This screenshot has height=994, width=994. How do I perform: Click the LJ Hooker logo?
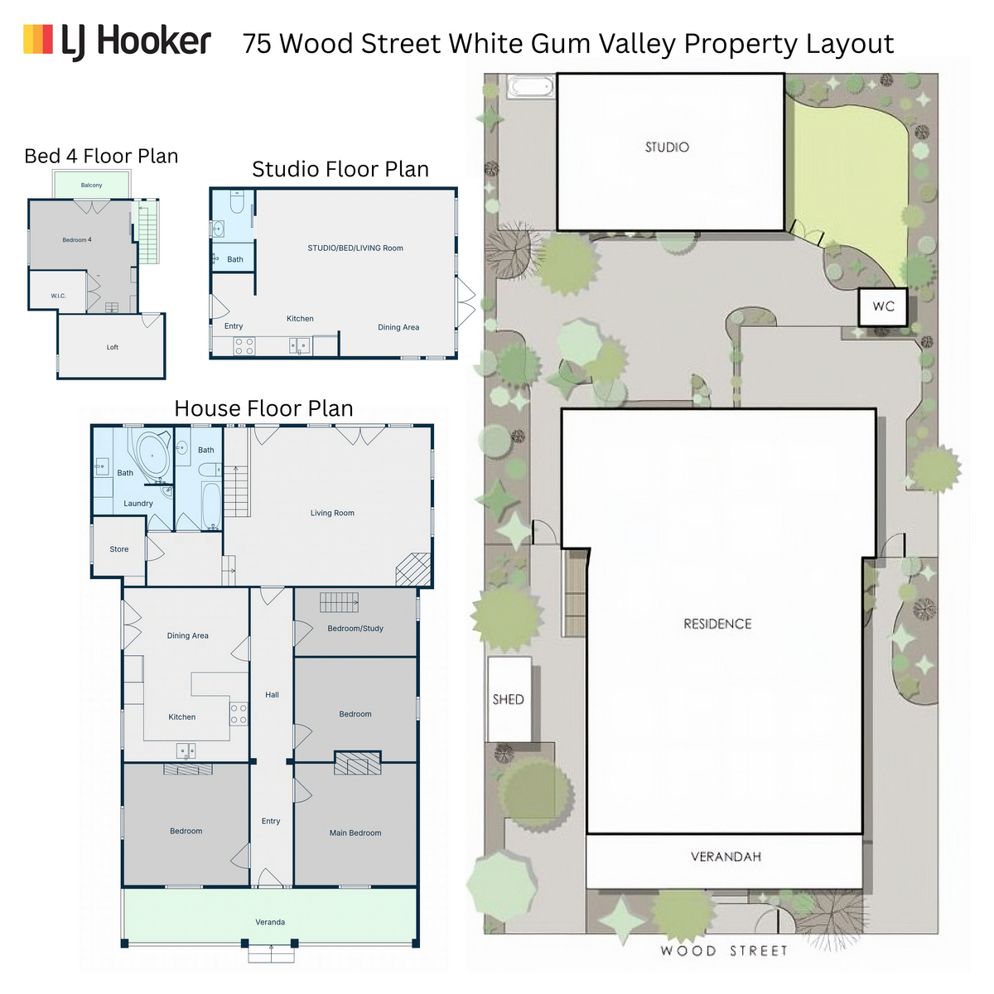point(117,41)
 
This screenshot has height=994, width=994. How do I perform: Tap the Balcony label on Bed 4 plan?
point(91,186)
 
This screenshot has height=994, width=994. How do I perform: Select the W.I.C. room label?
point(58,296)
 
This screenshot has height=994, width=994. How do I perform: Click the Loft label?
point(113,348)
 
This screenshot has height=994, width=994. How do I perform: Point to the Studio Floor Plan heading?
point(340,169)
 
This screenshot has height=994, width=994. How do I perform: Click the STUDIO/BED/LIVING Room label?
point(355,248)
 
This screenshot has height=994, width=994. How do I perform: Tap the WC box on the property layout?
point(882,307)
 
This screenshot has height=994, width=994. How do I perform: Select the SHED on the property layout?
point(509,699)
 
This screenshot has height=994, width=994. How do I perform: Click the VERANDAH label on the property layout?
point(726,856)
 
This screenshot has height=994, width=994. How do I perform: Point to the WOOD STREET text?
point(724,951)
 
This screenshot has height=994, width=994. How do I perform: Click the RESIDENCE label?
point(717,625)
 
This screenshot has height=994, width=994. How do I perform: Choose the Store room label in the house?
point(119,549)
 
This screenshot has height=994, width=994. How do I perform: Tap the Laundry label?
point(138,504)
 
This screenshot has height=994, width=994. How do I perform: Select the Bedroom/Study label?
point(355,629)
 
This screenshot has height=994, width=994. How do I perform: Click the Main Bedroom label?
point(355,833)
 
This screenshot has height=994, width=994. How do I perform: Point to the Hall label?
point(272,695)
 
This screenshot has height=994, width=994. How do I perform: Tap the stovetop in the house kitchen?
point(239,714)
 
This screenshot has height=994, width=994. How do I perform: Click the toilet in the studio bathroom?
point(237,202)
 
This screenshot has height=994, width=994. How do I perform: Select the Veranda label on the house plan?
point(270,922)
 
